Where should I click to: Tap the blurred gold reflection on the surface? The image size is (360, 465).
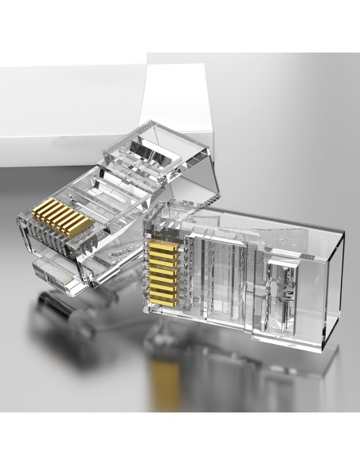coord(167,382)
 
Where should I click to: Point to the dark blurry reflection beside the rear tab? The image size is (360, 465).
coord(56,315)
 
